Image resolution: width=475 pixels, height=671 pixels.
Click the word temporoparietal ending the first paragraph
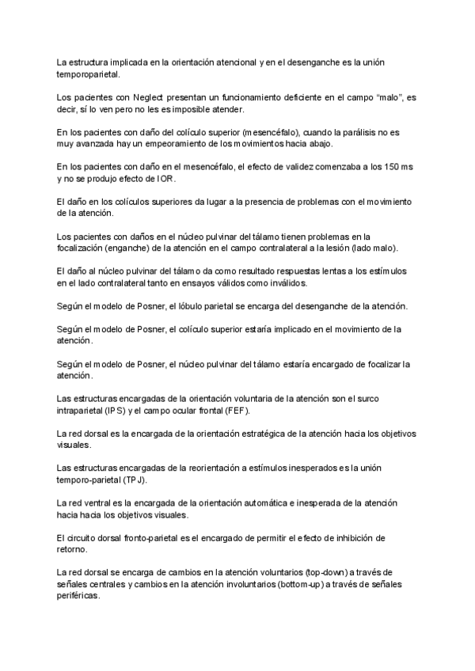coord(89,74)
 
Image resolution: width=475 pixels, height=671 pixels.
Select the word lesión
coord(346,248)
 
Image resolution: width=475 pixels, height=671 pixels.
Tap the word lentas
coord(302,271)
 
